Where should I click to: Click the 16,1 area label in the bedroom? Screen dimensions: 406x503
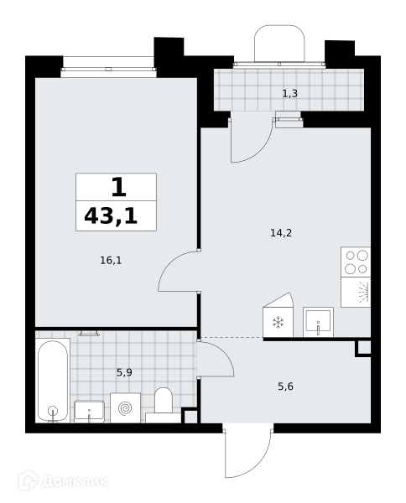click(111, 261)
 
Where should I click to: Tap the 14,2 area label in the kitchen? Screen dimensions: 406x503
click(281, 233)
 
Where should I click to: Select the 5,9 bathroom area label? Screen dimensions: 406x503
click(124, 373)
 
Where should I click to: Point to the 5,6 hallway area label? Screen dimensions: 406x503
click(285, 386)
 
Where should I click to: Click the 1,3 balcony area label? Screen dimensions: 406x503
click(289, 94)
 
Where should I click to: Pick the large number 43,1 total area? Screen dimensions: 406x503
click(111, 216)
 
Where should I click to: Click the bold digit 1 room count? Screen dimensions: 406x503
click(118, 187)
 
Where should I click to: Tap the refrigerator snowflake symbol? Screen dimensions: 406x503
click(278, 323)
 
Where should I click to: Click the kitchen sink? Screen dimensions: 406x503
click(318, 322)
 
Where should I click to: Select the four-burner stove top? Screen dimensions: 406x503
click(356, 262)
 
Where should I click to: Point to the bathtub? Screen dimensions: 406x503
click(53, 381)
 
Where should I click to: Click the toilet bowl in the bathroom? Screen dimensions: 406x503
click(164, 401)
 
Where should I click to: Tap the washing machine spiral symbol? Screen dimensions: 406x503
click(125, 408)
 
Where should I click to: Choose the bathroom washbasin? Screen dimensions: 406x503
click(89, 412)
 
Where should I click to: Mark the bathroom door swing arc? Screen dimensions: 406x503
click(226, 354)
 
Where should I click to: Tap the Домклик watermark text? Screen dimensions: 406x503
click(75, 482)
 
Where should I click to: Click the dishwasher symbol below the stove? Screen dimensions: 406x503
click(356, 293)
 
